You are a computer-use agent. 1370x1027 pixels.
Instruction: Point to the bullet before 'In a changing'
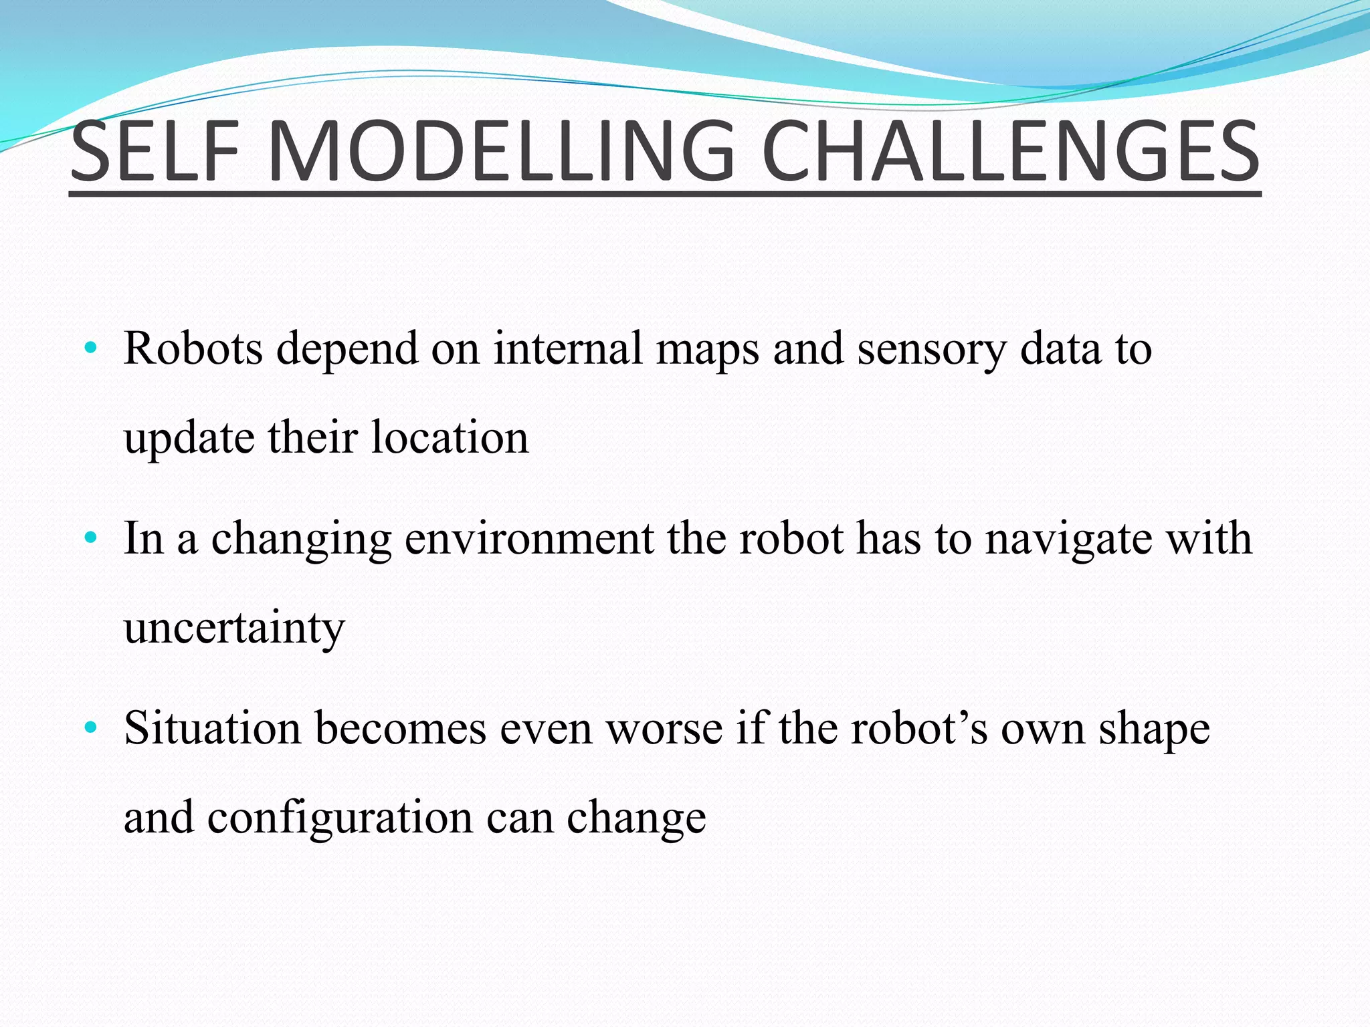(91, 538)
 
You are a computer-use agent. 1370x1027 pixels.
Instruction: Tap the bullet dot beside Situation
(91, 727)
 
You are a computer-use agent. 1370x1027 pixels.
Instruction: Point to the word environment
(529, 539)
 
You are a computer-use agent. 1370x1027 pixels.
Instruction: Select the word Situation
(212, 727)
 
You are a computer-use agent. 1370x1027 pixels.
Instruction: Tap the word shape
(1155, 729)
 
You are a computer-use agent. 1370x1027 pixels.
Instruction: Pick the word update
(189, 439)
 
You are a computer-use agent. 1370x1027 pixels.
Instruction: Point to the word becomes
(400, 727)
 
